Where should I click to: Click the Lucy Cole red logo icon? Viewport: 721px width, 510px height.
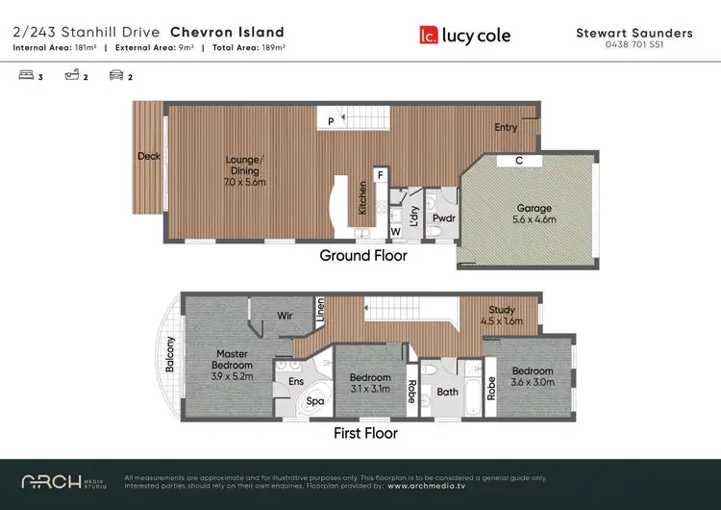tap(429, 36)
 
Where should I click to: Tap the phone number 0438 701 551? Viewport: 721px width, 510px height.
tap(634, 45)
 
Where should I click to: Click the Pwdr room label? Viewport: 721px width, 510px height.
tap(443, 217)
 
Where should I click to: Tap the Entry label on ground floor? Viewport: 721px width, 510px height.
tap(506, 127)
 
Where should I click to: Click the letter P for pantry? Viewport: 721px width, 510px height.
tap(331, 121)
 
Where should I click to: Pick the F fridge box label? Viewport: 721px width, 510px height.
tap(381, 175)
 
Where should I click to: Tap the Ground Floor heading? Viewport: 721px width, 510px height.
tap(363, 256)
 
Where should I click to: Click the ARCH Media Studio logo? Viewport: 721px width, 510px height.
tap(64, 480)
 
